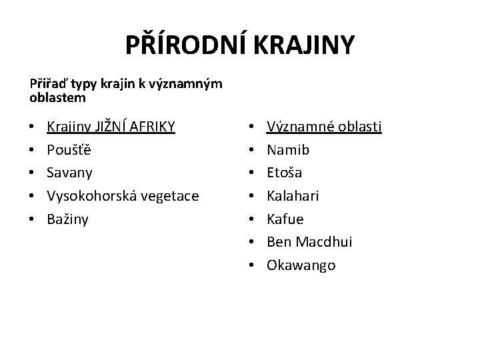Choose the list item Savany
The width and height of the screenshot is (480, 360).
coord(69,173)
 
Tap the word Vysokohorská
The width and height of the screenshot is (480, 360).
coord(85,196)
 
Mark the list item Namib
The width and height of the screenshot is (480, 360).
coord(288,150)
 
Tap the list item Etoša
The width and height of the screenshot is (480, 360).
coord(285,173)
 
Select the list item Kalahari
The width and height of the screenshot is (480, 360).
coord(293,196)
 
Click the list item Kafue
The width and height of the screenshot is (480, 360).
coord(285,219)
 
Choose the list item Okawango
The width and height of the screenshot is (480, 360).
coord(301,265)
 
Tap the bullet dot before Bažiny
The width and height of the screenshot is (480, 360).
coord(33,219)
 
